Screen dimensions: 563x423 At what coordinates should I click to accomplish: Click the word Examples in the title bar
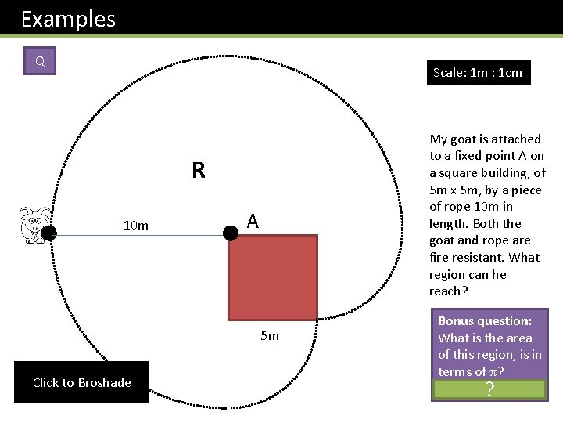pyautogui.click(x=68, y=19)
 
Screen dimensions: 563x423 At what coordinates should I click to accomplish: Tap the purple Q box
pyautogui.click(x=40, y=61)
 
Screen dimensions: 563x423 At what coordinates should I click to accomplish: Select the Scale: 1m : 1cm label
pyautogui.click(x=478, y=72)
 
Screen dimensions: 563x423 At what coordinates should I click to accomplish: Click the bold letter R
pyautogui.click(x=198, y=171)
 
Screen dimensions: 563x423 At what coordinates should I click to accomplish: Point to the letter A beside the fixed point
pyautogui.click(x=253, y=222)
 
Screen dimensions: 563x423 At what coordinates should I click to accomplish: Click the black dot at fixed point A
pyautogui.click(x=231, y=233)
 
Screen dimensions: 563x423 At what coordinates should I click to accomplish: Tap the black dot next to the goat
pyautogui.click(x=48, y=233)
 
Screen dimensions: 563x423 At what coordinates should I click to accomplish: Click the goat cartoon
pyautogui.click(x=33, y=223)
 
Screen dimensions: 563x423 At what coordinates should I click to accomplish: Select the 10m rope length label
pyautogui.click(x=135, y=226)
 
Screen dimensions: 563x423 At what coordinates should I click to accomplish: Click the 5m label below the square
pyautogui.click(x=269, y=336)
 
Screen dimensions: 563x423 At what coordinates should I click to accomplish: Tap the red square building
pyautogui.click(x=273, y=277)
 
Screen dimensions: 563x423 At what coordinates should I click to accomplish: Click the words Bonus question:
pyautogui.click(x=484, y=320)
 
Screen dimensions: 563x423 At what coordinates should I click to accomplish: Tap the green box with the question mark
pyautogui.click(x=489, y=389)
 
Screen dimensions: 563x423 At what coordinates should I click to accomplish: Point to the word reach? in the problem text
pyautogui.click(x=446, y=291)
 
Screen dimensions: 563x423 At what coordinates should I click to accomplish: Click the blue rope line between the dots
pyautogui.click(x=141, y=233)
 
